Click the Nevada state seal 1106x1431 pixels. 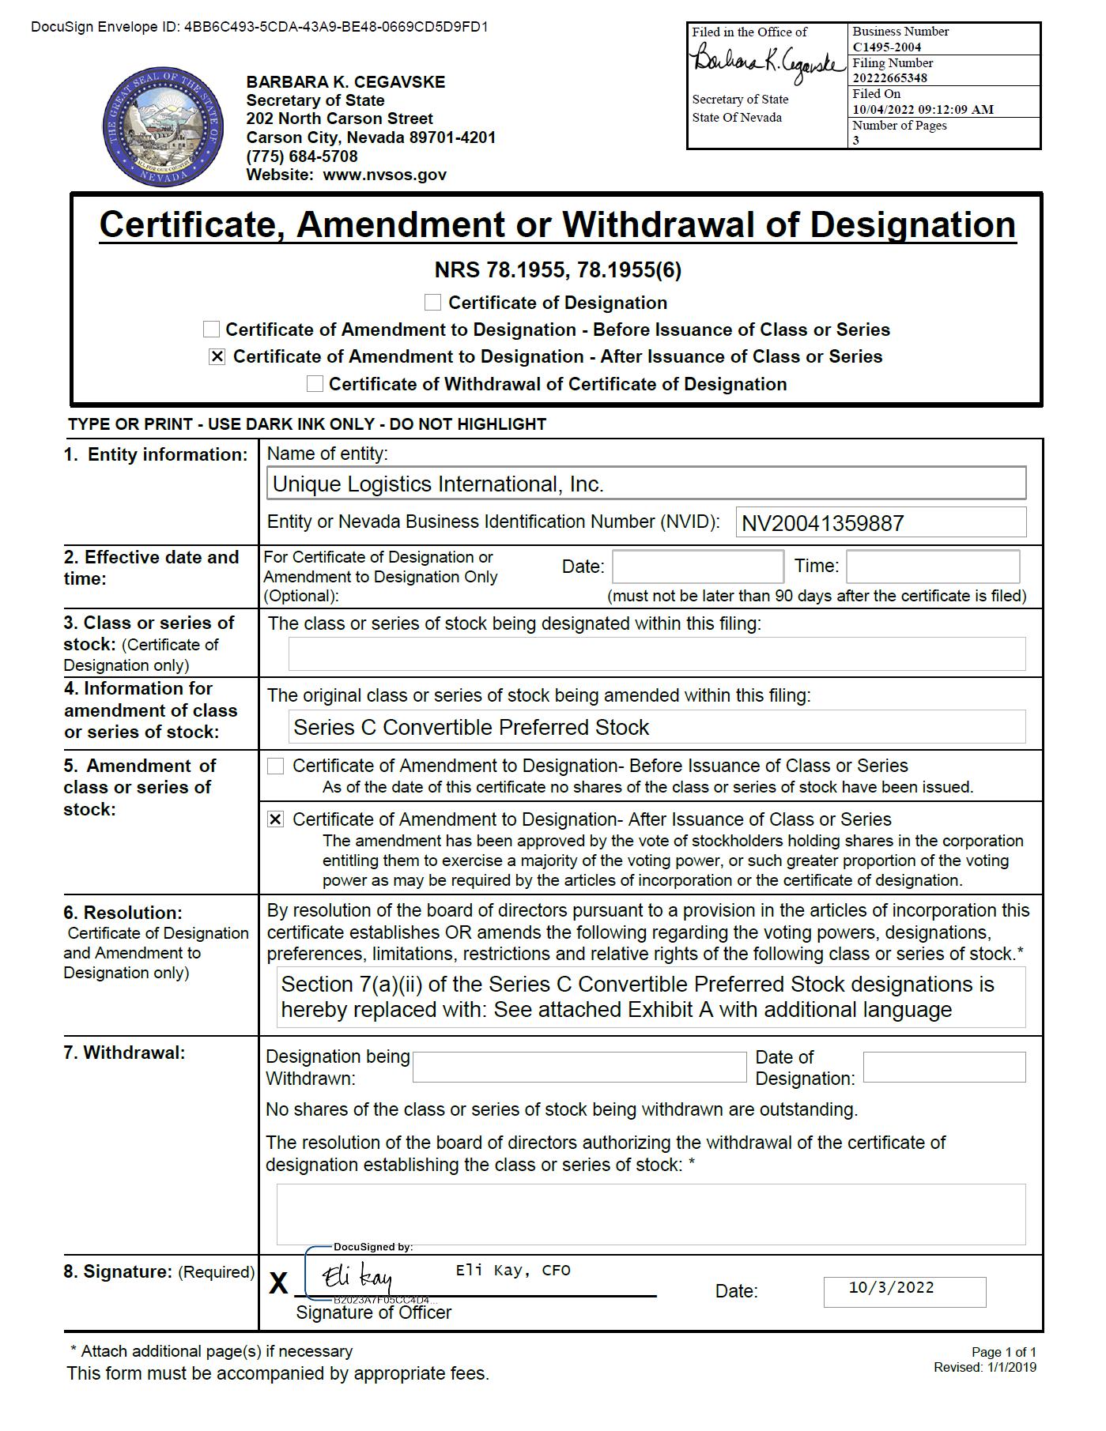coord(163,126)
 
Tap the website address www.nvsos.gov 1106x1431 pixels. coord(384,175)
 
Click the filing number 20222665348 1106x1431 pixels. coord(889,77)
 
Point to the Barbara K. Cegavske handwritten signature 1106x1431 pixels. coord(765,64)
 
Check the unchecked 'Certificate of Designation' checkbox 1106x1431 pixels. coord(432,303)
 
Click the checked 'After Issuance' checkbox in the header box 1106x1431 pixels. coord(217,357)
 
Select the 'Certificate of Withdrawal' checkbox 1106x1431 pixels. coord(315,384)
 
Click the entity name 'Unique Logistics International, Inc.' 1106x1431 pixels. coord(438,484)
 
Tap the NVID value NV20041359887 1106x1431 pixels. coord(822,523)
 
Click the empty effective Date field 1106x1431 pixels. coord(697,567)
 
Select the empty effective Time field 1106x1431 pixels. coord(932,567)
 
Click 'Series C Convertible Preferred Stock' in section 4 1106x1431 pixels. coord(471,728)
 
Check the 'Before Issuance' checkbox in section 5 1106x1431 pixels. coord(276,766)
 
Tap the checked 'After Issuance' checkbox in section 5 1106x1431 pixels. coord(275,820)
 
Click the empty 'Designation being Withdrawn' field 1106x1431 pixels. coord(579,1068)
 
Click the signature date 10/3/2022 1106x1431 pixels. coord(891,1288)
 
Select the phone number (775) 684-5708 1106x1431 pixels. coord(302,156)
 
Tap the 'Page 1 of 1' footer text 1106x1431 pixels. coord(1003,1352)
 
